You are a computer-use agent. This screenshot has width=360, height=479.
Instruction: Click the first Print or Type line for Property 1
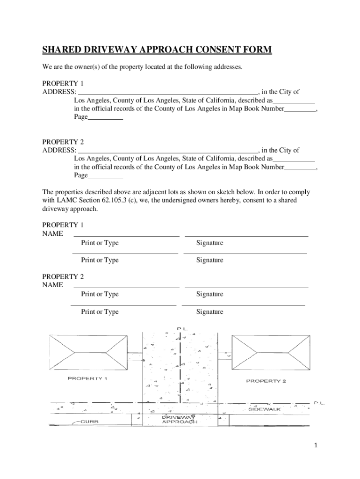126,236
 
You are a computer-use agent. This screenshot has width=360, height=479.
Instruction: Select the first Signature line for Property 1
246,236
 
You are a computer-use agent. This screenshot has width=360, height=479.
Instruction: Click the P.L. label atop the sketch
182,329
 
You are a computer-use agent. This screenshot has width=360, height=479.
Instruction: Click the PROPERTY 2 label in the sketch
266,381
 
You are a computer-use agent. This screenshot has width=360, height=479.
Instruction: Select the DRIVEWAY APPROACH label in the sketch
179,419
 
